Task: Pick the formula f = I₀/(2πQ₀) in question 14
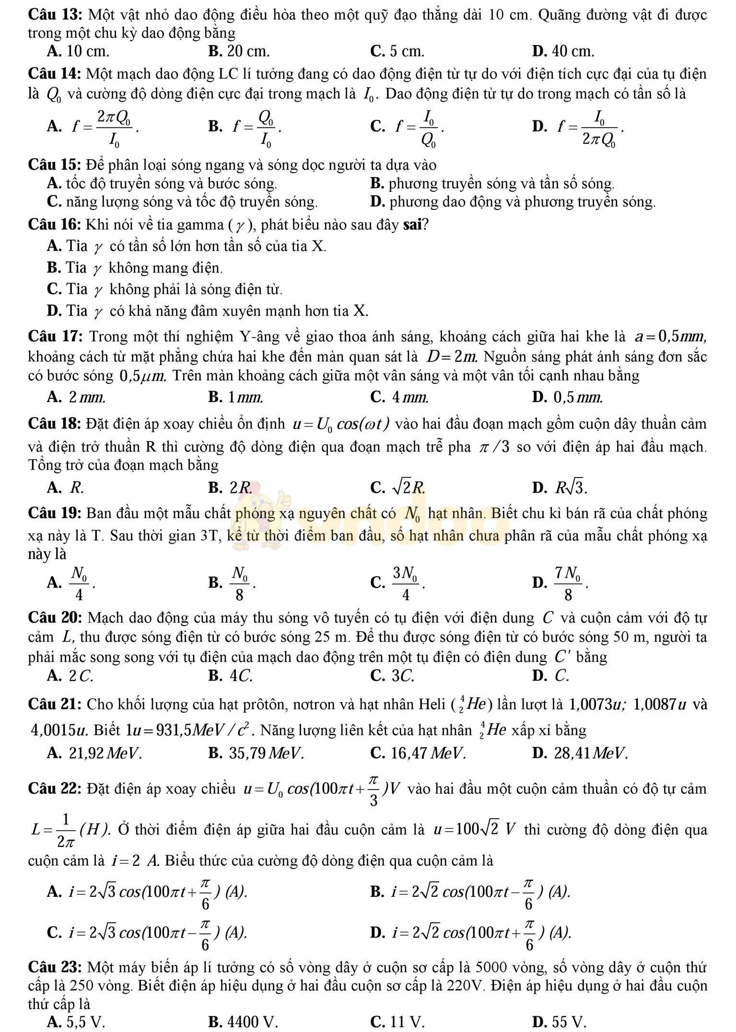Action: click(590, 126)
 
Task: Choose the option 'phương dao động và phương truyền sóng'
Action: click(513, 202)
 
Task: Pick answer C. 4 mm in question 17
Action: click(400, 397)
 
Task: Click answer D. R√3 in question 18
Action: click(560, 488)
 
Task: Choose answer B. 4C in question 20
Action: click(231, 675)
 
